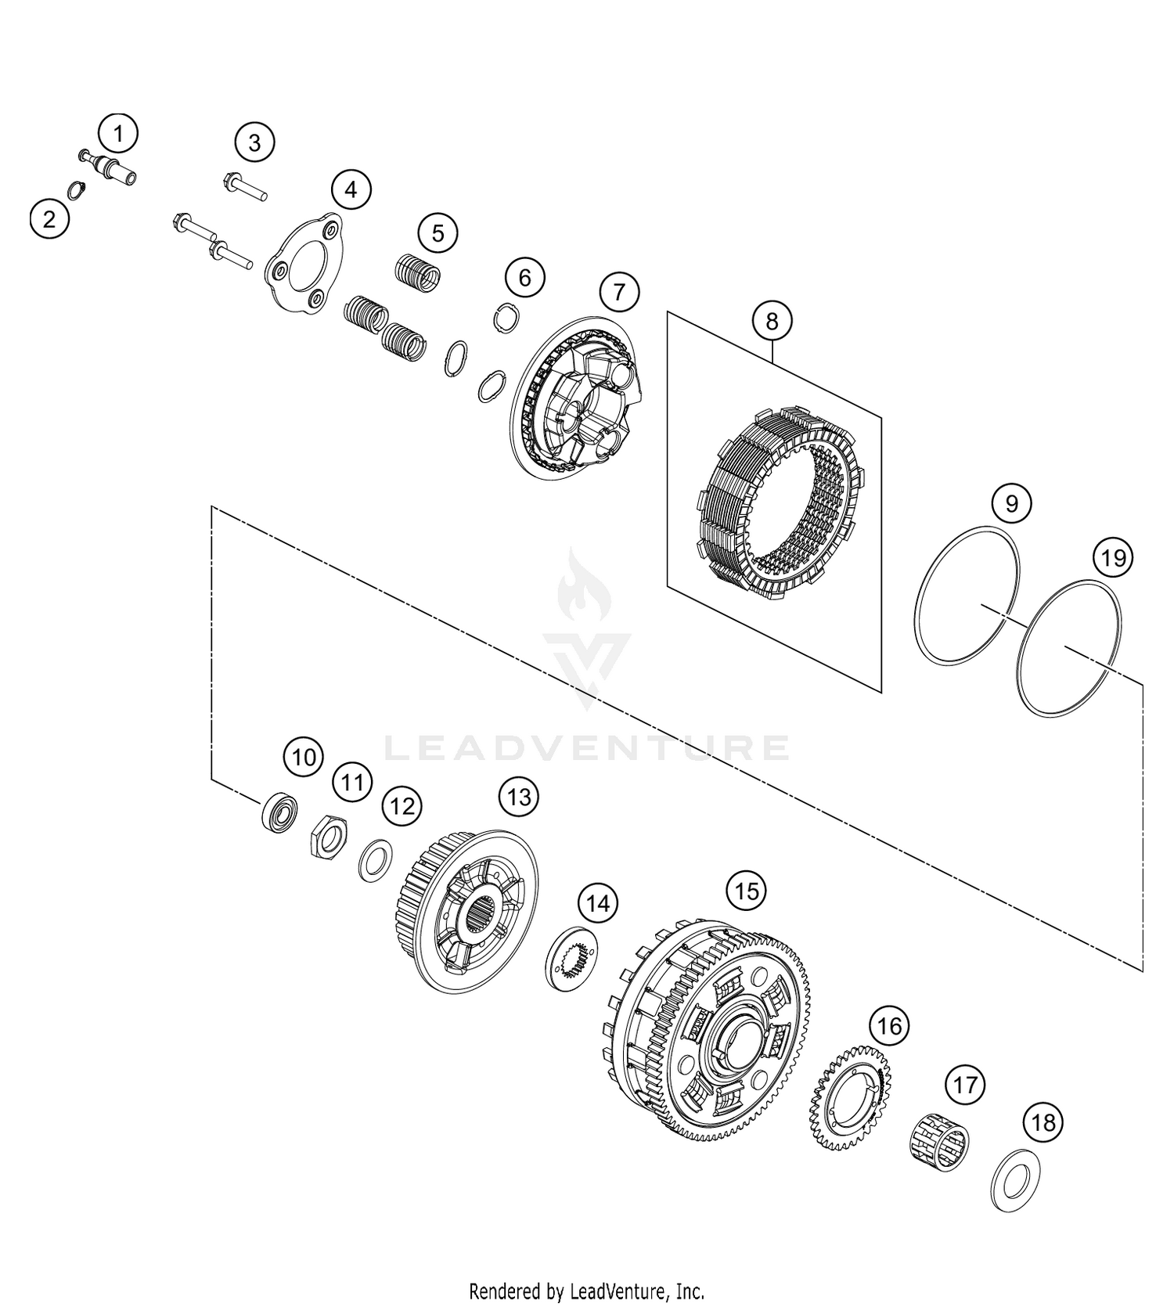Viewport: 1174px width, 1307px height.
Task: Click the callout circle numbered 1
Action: click(x=118, y=134)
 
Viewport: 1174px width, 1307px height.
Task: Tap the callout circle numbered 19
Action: click(x=1113, y=558)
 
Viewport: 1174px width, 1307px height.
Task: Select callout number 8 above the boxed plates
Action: click(x=772, y=320)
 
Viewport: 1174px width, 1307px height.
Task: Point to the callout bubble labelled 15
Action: click(x=747, y=891)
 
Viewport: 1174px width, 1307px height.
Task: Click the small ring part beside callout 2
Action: click(x=75, y=190)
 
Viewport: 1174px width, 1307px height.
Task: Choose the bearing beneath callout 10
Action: click(x=279, y=812)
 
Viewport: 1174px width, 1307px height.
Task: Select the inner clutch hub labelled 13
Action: click(x=466, y=910)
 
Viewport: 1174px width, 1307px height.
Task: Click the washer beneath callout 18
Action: click(x=1015, y=1180)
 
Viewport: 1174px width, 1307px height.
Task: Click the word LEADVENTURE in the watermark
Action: click(x=587, y=748)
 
